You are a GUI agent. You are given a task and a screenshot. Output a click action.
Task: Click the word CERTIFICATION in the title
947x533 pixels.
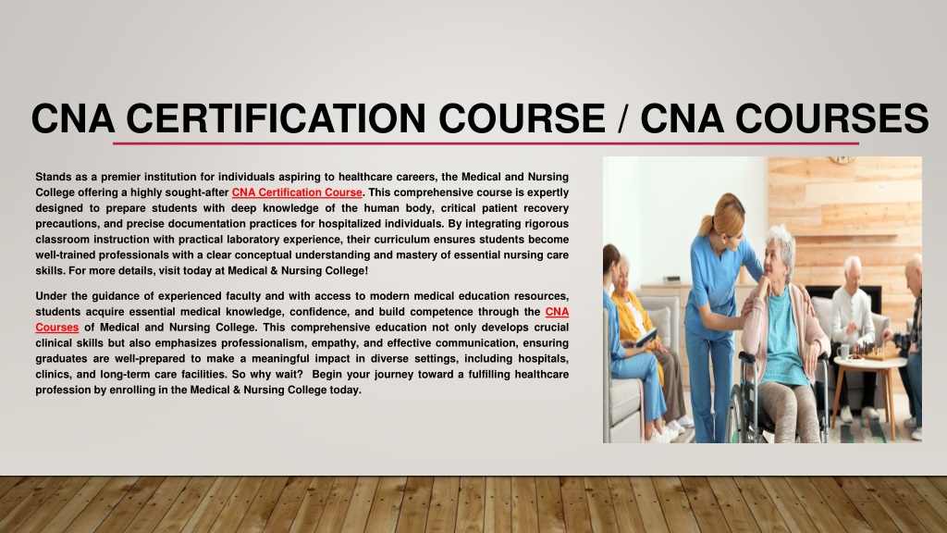click(x=276, y=118)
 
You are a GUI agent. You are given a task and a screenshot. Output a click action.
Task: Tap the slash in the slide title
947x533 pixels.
click(x=622, y=118)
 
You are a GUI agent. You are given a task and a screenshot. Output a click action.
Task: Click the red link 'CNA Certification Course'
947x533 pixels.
click(x=297, y=192)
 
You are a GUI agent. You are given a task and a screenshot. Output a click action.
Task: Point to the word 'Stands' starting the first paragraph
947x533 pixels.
click(x=53, y=177)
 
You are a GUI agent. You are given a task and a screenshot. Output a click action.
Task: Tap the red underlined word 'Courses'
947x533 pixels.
click(x=56, y=328)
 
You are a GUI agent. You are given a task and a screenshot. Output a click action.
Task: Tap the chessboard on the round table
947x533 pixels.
click(x=876, y=352)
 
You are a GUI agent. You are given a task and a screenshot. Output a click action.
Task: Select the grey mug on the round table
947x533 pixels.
click(x=842, y=351)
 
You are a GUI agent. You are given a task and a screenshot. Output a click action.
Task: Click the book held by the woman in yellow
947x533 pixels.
click(x=645, y=337)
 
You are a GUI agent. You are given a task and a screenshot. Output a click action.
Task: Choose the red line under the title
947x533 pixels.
click(x=486, y=143)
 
